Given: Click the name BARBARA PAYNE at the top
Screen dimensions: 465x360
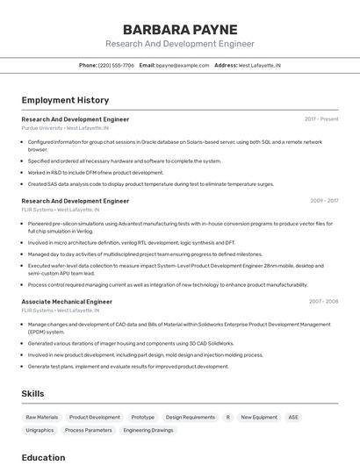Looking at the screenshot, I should tap(179, 29).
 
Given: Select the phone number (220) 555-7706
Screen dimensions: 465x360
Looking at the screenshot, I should tap(116, 65).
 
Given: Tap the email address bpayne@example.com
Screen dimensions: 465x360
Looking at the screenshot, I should tap(182, 65).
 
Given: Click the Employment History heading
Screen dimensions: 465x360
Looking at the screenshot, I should tap(65, 100).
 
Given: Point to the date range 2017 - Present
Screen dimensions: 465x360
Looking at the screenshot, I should tap(321, 119).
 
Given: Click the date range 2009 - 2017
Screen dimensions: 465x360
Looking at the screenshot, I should tap(324, 201).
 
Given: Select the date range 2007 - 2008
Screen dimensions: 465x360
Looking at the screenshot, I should tap(323, 302).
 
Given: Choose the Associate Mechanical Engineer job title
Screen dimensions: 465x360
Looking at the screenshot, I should tap(67, 302).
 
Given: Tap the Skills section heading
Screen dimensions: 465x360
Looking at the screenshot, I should tap(32, 394).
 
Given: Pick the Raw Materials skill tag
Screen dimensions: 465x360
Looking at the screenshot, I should tap(42, 418).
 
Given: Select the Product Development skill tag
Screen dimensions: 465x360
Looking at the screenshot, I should tap(95, 418).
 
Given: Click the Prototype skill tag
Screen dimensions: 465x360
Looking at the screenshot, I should tap(142, 418).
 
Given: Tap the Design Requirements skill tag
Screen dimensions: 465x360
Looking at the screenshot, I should tap(190, 418).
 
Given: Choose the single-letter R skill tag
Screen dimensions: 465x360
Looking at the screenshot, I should tap(228, 418).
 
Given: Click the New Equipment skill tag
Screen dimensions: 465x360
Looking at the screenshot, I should tap(259, 418).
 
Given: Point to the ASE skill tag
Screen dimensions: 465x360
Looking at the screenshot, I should tap(293, 418).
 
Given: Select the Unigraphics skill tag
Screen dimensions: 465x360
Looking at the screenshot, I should tap(40, 430).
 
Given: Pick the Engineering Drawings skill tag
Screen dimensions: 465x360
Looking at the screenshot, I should tap(148, 430).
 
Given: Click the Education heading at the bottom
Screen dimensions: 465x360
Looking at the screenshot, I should tap(43, 457).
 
